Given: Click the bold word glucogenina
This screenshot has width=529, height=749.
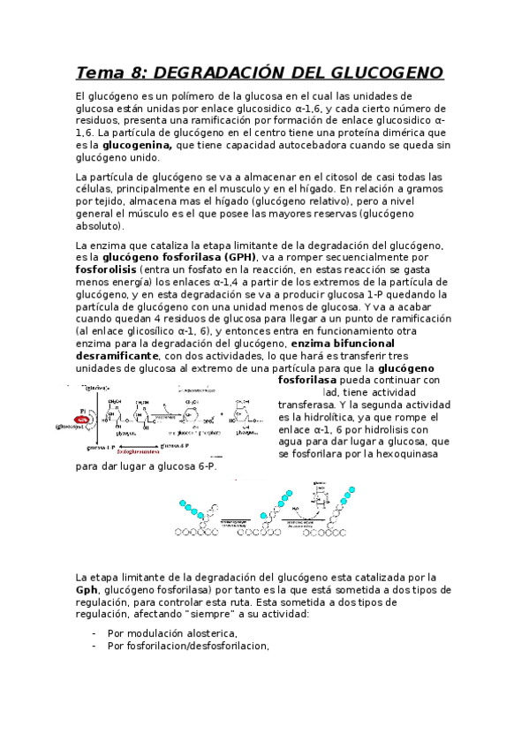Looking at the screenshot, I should pyautogui.click(x=137, y=145).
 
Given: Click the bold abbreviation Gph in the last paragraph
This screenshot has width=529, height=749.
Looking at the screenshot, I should pyautogui.click(x=87, y=589).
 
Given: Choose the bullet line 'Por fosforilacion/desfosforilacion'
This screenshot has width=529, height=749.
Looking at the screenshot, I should pyautogui.click(x=187, y=645).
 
